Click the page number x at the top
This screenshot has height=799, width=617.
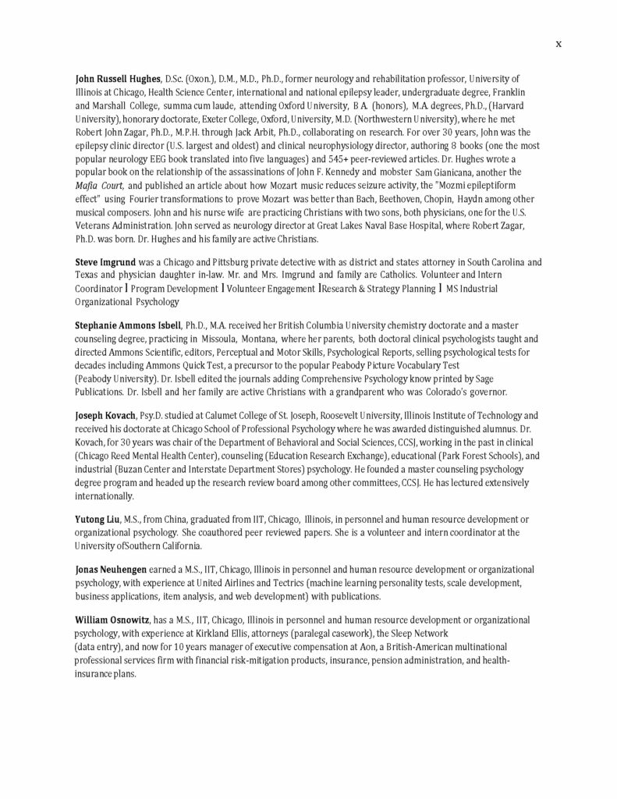[x=558, y=44]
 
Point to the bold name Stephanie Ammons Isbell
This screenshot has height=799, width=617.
[x=128, y=324]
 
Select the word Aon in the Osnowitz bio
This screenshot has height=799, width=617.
[x=334, y=648]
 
